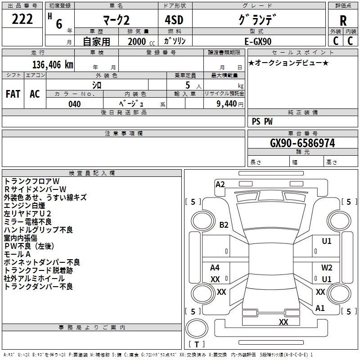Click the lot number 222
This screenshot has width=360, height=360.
pyautogui.click(x=22, y=19)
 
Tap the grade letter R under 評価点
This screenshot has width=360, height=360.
pyautogui.click(x=343, y=21)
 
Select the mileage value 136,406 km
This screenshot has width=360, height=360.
pyautogui.click(x=53, y=64)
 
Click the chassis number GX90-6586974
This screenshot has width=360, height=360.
pyautogui.click(x=302, y=143)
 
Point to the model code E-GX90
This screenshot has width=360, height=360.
pyautogui.click(x=258, y=41)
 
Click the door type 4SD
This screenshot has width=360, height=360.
pyautogui.click(x=174, y=20)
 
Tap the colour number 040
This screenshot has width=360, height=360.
pyautogui.click(x=75, y=104)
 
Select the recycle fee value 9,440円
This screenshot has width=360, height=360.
pyautogui.click(x=230, y=104)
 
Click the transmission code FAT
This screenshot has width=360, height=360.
pyautogui.click(x=13, y=94)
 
